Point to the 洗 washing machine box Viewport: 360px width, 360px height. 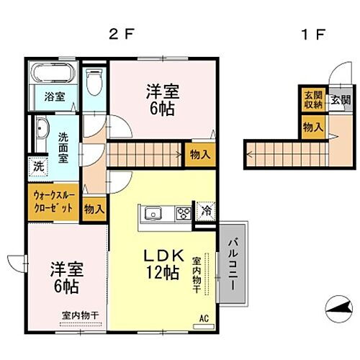coord(37,166)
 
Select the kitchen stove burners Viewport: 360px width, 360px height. coord(183,213)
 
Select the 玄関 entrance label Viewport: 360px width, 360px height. coord(336,101)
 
